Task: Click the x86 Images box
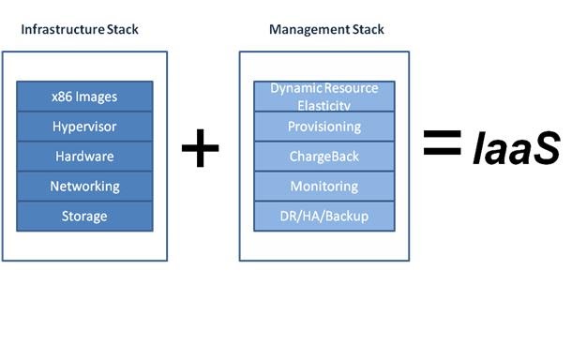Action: (x=84, y=96)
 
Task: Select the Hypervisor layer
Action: (x=84, y=126)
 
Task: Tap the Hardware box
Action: (x=84, y=156)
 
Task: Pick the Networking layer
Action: (x=84, y=186)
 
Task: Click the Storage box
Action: (x=84, y=216)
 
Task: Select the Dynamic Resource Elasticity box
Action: (x=324, y=96)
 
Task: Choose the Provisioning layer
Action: (x=324, y=126)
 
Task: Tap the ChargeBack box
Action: (x=324, y=156)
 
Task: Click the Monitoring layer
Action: (x=324, y=186)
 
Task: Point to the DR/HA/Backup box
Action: (x=324, y=216)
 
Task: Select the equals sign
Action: (x=442, y=142)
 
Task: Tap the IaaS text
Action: (x=516, y=148)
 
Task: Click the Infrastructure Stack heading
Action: (x=80, y=29)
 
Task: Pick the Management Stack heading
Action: (x=326, y=29)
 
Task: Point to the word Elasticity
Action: (x=324, y=104)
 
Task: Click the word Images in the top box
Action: (x=98, y=96)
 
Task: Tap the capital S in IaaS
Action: (x=546, y=148)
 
